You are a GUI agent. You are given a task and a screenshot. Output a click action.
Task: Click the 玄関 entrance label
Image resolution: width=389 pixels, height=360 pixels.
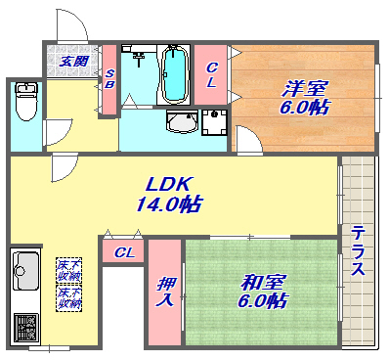click(70, 61)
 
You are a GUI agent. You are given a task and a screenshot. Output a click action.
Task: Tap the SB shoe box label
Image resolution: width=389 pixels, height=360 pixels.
click(109, 79)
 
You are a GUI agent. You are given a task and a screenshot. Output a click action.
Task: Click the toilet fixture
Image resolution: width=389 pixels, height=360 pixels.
click(25, 100)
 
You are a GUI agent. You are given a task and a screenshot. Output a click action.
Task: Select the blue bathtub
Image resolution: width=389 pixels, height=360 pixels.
click(174, 72)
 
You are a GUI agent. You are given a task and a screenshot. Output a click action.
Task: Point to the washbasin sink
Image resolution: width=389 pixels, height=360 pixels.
click(181, 122)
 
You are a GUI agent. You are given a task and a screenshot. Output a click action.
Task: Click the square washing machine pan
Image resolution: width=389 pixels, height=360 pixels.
click(215, 123)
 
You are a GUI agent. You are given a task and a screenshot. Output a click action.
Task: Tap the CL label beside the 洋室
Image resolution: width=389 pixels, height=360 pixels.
click(211, 75)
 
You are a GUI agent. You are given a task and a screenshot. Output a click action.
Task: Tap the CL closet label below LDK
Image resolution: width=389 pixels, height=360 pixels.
click(123, 252)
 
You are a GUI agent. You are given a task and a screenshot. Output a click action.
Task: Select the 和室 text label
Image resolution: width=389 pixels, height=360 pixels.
click(263, 282)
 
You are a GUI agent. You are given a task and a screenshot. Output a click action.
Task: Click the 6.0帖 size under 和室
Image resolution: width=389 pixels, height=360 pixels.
click(263, 301)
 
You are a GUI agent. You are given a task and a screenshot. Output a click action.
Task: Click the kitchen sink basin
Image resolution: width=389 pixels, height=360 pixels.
click(25, 265)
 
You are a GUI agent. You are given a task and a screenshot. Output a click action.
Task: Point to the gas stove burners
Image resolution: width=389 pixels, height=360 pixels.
click(25, 324)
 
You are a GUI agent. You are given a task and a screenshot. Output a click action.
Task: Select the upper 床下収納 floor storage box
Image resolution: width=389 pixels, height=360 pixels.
click(67, 267)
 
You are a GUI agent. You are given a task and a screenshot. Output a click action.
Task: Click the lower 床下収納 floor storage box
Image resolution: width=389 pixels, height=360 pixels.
click(67, 294)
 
